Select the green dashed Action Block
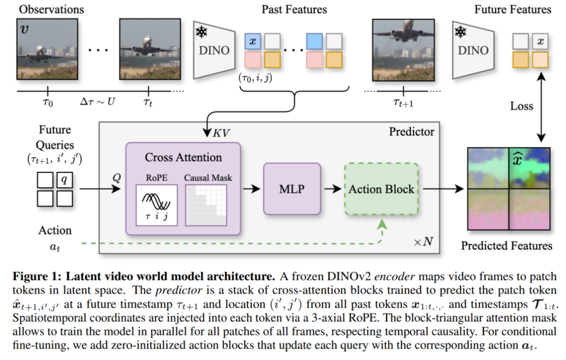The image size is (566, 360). [x=381, y=189]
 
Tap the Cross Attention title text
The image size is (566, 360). [x=183, y=157]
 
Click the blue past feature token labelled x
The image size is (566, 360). [x=254, y=41]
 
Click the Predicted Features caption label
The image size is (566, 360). [x=506, y=246]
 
